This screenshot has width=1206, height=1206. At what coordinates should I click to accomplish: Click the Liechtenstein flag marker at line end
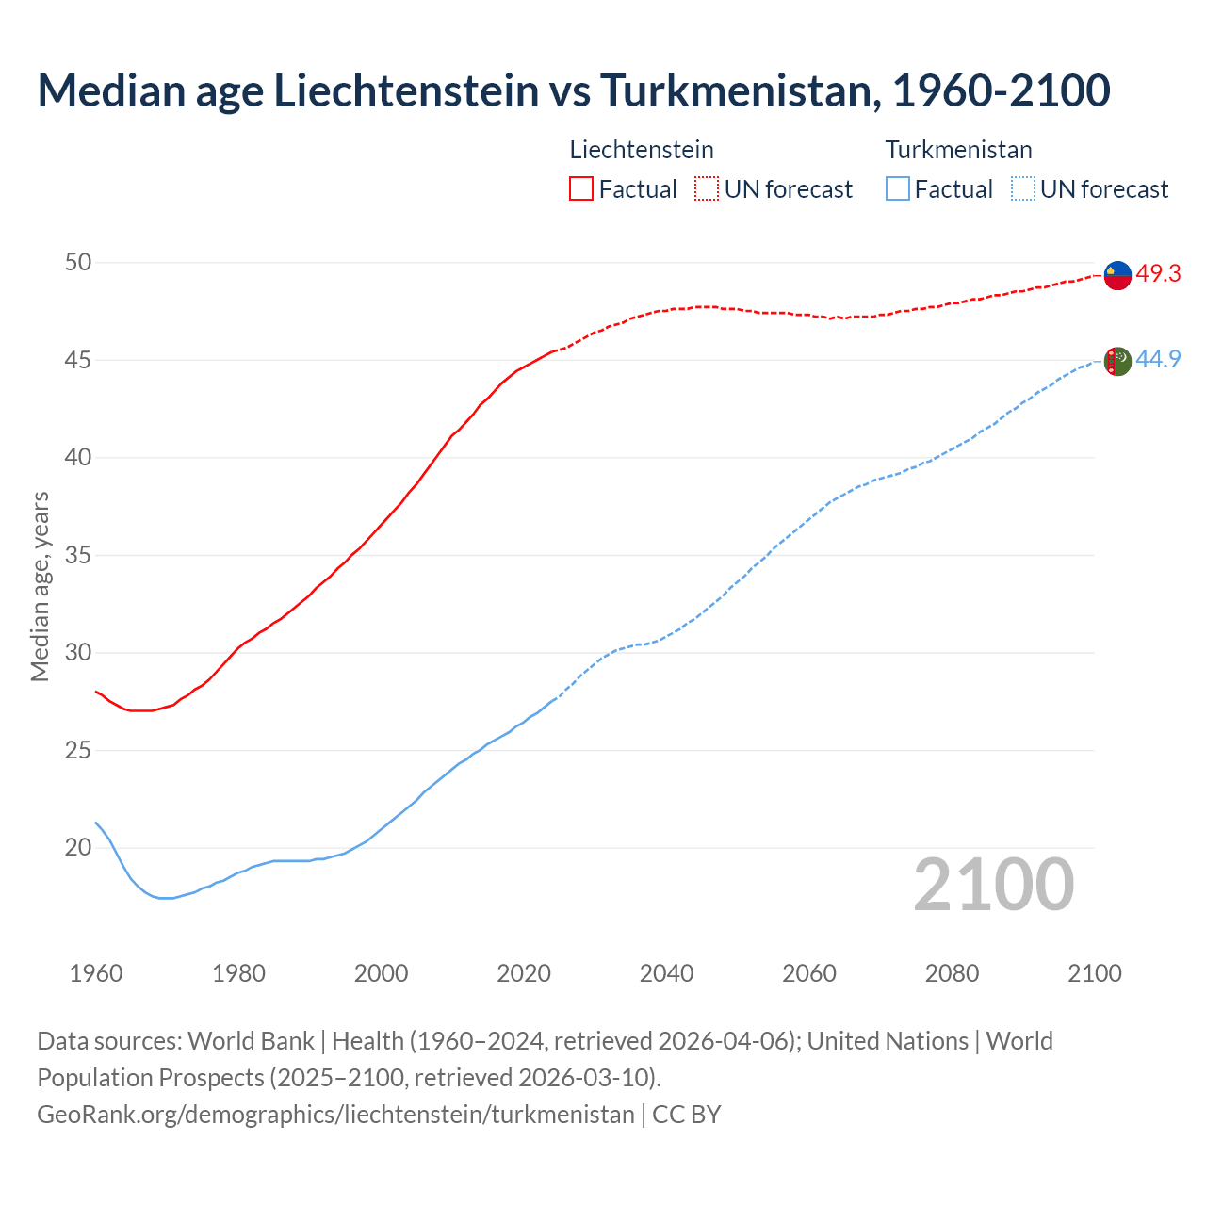coord(1117,275)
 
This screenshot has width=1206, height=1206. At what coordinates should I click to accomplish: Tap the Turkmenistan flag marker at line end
coord(1117,361)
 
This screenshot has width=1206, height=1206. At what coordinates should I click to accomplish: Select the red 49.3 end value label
coord(1158,273)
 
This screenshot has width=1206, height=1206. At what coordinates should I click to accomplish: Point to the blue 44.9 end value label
coord(1158,359)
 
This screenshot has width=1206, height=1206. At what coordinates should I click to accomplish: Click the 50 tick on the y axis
coord(78,262)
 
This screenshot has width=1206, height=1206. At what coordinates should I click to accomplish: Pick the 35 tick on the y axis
coord(78,555)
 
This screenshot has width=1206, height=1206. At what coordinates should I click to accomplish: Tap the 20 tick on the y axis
coord(78,848)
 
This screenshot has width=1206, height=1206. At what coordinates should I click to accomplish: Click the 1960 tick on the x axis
coord(96,973)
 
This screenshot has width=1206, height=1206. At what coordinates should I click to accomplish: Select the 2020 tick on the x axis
coord(524,973)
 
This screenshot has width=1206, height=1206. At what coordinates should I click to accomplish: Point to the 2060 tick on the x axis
coord(809,973)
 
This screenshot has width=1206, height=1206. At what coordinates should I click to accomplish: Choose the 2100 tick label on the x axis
coord(1095,973)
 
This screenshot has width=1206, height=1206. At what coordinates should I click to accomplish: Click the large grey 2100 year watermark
coord(994,884)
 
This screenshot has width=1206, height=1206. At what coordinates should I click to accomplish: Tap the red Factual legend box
coord(581,188)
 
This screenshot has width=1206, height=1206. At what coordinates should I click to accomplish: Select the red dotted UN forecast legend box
coord(707,188)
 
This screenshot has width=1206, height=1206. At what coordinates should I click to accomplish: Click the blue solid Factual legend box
coord(898,188)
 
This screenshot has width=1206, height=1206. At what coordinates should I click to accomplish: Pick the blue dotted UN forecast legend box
coord(1023,188)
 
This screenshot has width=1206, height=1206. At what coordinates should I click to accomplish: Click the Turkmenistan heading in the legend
coord(958,150)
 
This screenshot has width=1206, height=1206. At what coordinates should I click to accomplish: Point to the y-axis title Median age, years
coord(40,586)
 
